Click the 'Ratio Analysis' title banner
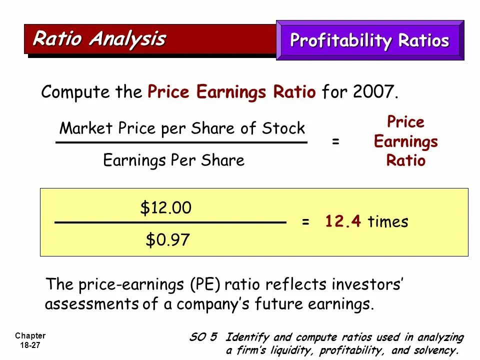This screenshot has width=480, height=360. (99, 38)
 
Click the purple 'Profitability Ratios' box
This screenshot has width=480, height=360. (369, 40)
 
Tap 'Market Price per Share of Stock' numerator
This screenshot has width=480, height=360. (181, 128)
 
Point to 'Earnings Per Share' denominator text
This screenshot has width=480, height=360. (173, 160)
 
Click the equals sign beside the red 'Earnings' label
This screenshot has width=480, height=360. (335, 142)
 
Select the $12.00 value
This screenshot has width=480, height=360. (165, 208)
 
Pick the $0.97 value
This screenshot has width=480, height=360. (167, 240)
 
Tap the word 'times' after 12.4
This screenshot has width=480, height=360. (388, 221)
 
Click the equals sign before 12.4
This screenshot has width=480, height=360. (305, 222)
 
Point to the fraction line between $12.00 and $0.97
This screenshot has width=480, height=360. (170, 222)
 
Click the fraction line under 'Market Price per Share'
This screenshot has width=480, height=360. (181, 142)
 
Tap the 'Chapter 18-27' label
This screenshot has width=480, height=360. (30, 340)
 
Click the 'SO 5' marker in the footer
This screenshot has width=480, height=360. (203, 337)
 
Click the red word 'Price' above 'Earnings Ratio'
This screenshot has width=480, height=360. (405, 122)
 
